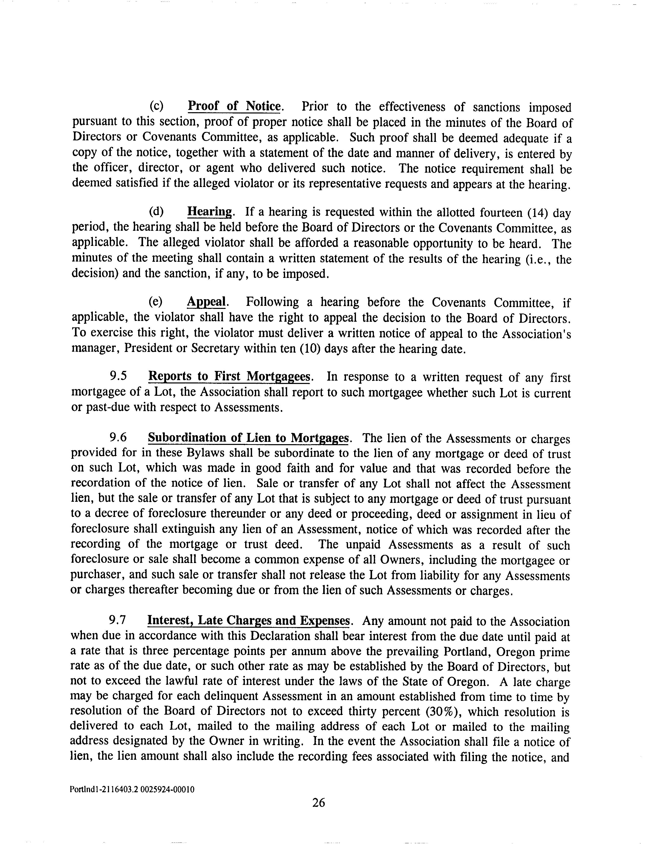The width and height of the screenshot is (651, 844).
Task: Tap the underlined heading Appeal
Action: [x=207, y=302]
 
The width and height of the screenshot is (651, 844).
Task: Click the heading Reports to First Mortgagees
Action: [x=230, y=376]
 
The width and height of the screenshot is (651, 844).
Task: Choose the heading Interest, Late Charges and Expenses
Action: [x=249, y=621]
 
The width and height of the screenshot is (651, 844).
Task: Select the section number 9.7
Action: [x=118, y=621]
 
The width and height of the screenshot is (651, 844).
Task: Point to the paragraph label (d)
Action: [x=156, y=212]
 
